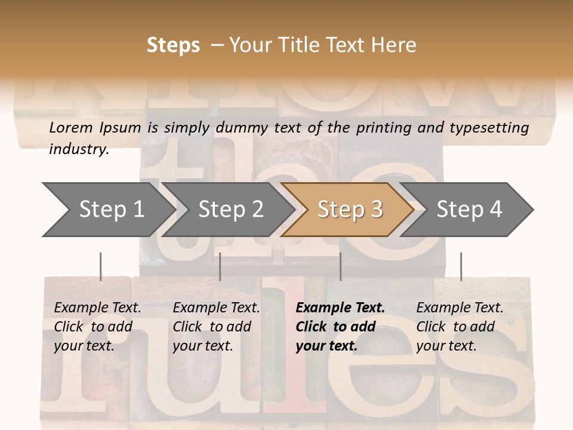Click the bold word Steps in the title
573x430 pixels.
pyautogui.click(x=173, y=45)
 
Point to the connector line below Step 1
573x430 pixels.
pyautogui.click(x=100, y=266)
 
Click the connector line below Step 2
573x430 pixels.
pyautogui.click(x=220, y=266)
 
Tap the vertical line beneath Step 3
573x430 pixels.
pyautogui.click(x=340, y=266)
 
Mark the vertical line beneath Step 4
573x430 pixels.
pyautogui.click(x=461, y=266)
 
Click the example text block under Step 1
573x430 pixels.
pyautogui.click(x=97, y=327)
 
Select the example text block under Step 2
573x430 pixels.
pyautogui.click(x=216, y=327)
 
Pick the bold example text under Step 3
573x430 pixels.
pyautogui.click(x=340, y=327)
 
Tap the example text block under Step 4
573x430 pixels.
pyautogui.click(x=460, y=327)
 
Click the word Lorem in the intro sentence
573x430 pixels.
pyautogui.click(x=72, y=128)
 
